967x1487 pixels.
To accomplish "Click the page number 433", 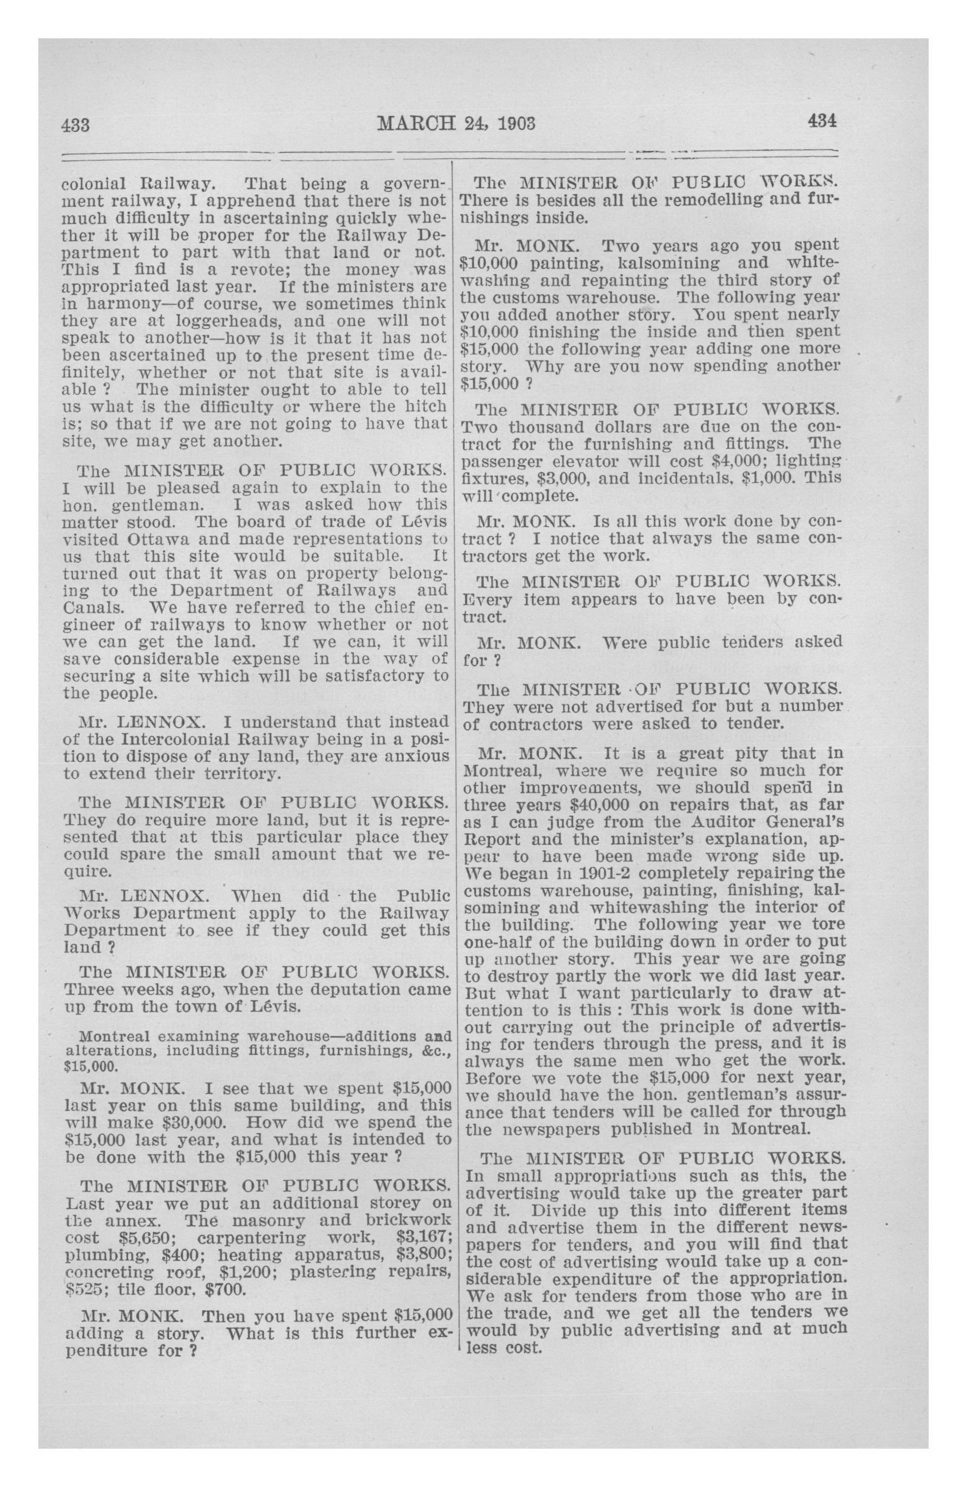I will point(76,124).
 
